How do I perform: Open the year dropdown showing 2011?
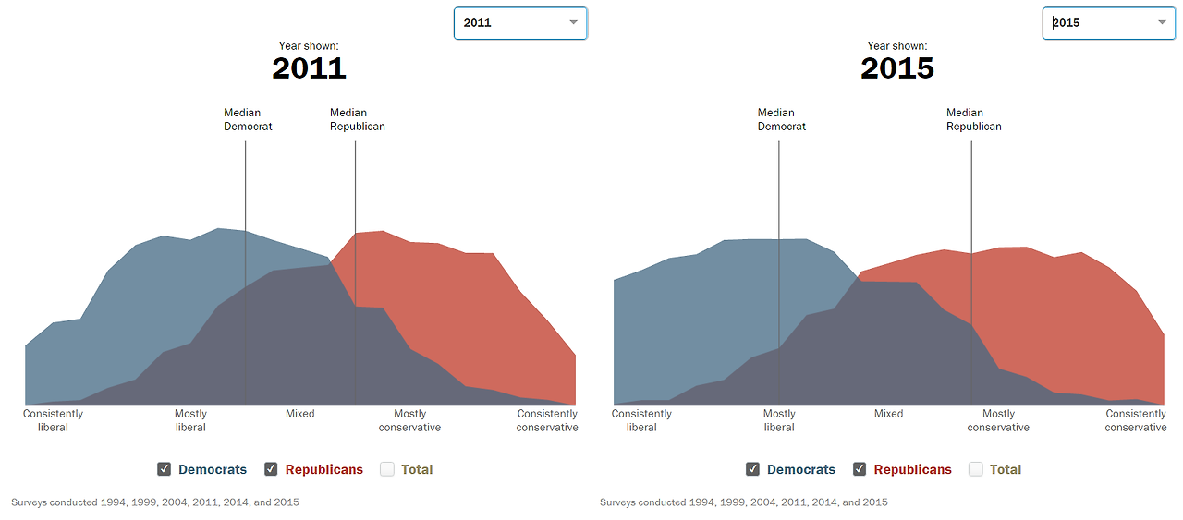519,23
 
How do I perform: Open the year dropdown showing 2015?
1108,23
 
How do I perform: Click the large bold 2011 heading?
309,67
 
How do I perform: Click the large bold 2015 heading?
897,67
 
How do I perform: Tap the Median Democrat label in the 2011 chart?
248,120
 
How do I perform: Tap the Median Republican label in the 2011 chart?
357,120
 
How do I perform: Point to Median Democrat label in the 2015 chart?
781,120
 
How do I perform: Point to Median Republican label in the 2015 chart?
973,120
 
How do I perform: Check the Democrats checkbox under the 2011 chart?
165,469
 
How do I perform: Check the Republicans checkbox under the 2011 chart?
271,469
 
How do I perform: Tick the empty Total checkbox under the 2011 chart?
387,469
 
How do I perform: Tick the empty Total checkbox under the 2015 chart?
976,469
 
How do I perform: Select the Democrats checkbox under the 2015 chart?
753,469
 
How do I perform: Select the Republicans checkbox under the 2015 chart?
860,469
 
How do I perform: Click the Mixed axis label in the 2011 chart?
299,414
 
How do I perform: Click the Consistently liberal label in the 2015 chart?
641,420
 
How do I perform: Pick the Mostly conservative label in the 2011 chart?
409,420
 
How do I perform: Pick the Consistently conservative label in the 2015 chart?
1136,420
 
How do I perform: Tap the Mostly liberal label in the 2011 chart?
190,420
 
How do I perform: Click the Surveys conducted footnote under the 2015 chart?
743,502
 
